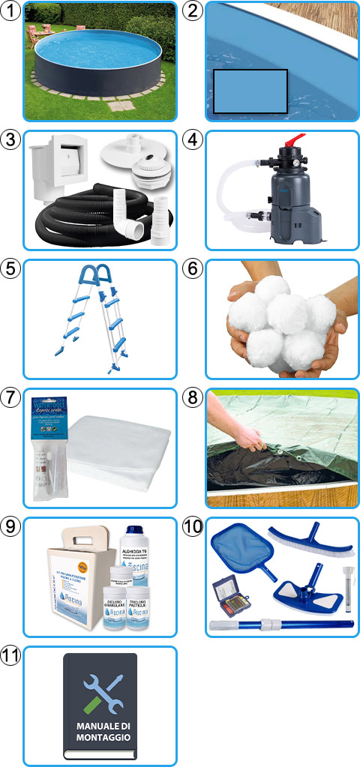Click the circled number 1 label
(x=11, y=10)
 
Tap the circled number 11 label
(x=12, y=656)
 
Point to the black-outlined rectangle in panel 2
(x=250, y=91)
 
